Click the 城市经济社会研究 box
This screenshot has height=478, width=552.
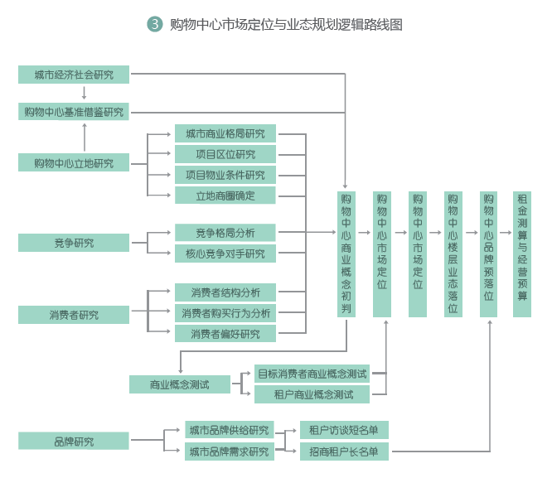pos(74,75)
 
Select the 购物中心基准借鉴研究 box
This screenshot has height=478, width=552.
pos(74,112)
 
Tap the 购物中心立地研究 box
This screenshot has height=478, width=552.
pos(74,163)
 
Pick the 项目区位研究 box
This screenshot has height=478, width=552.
pos(225,154)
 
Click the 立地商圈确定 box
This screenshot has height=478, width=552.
pos(225,196)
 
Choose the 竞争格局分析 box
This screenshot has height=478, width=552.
pos(225,233)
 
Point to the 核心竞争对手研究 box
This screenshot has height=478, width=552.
pos(225,253)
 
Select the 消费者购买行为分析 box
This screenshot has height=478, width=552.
pos(225,313)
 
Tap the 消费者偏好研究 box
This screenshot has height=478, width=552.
pos(225,334)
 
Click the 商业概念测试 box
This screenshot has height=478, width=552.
pos(179,384)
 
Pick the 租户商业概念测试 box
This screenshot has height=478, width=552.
pos(312,394)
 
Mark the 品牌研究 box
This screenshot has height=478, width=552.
pos(74,442)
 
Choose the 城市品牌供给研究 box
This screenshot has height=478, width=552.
pos(230,430)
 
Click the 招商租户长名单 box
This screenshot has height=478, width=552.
pos(343,451)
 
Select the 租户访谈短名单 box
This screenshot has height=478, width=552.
pos(343,430)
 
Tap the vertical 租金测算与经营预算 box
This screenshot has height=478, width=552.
pos(522,253)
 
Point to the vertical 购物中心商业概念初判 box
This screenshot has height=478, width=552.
pos(346,253)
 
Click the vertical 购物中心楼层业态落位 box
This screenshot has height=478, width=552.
pos(453,253)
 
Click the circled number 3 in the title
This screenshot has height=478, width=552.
pos(155,24)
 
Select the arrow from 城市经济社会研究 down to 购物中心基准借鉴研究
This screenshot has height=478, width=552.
pos(85,93)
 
